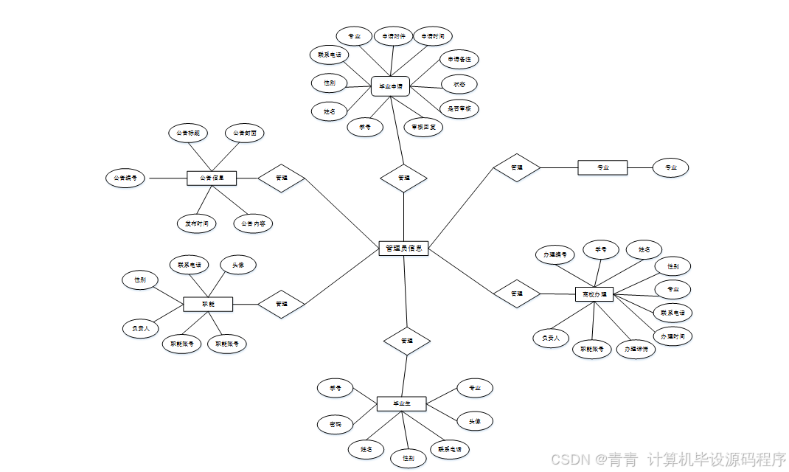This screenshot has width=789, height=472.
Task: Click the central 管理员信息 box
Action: [x=403, y=249]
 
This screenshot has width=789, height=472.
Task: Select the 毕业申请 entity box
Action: [x=390, y=86]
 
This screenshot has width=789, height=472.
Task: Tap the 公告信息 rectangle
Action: [x=211, y=178]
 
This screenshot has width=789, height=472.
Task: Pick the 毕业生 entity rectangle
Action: [x=401, y=403]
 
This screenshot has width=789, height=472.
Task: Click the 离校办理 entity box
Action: [x=594, y=294]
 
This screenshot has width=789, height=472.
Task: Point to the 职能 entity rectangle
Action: [x=208, y=304]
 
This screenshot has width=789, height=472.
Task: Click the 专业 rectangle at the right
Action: [x=602, y=167]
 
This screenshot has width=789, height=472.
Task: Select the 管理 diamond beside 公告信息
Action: [x=281, y=178]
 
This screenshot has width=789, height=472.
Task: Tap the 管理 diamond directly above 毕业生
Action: [x=406, y=341]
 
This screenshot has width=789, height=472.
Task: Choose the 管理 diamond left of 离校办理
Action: [x=516, y=294]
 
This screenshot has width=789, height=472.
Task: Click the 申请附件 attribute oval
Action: [x=394, y=36]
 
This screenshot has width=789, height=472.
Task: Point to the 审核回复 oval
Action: [x=424, y=127]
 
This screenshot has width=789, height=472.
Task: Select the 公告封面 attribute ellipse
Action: [x=244, y=133]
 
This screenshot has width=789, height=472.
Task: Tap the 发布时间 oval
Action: [x=197, y=223]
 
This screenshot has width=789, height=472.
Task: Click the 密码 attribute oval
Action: [x=335, y=424]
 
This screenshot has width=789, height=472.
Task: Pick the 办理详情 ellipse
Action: [x=635, y=349]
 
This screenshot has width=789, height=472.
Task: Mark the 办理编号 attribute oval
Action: [x=555, y=255]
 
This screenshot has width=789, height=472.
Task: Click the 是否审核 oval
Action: [x=459, y=109]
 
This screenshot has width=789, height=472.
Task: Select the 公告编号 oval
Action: [x=126, y=178]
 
